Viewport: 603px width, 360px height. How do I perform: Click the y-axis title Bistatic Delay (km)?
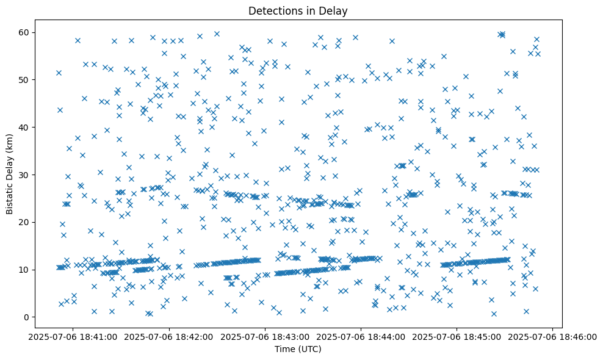tap(10, 173)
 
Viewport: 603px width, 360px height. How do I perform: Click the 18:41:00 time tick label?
tap(73, 336)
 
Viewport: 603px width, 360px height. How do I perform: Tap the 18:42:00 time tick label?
tap(169, 336)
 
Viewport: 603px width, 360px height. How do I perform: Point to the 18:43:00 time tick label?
tap(265, 336)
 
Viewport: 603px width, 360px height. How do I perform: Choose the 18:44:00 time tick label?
tap(361, 336)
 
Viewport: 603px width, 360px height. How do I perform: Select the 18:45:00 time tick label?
tap(457, 336)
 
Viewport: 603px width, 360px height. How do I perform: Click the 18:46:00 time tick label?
tap(552, 336)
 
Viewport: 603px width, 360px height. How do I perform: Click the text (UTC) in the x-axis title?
tap(311, 349)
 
